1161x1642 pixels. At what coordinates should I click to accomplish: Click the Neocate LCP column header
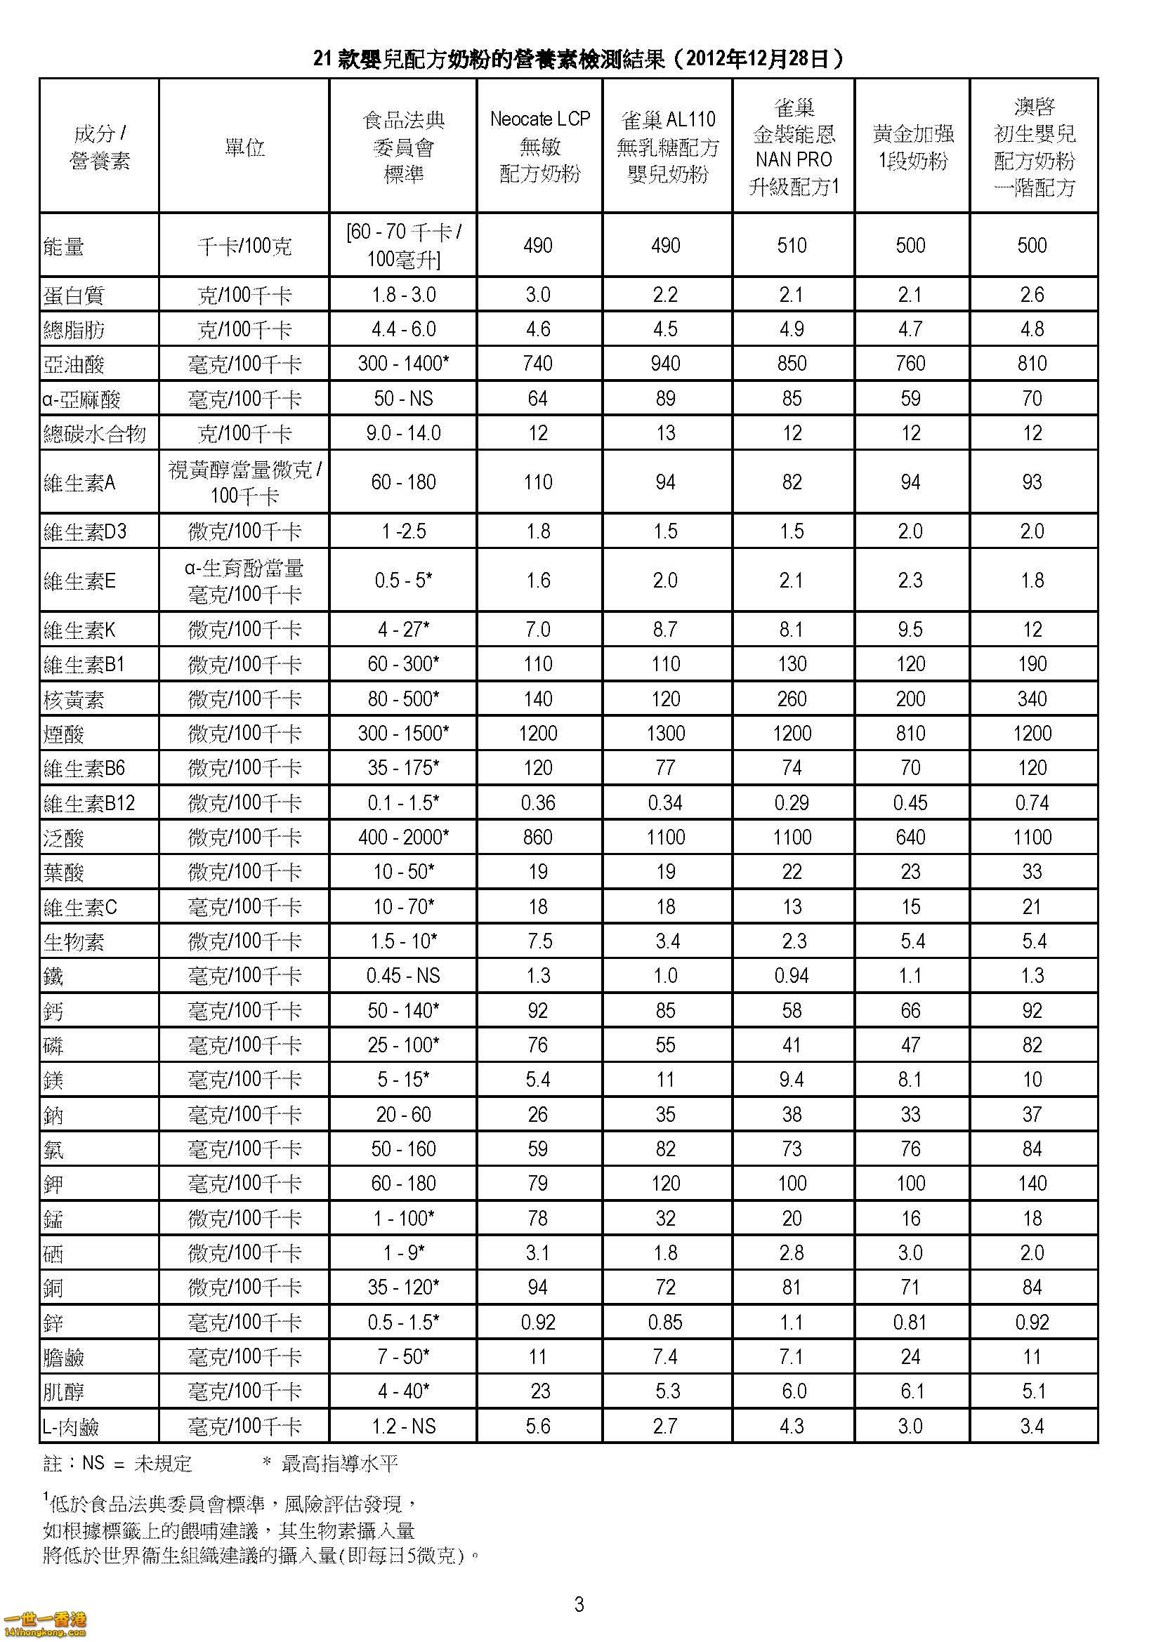click(539, 146)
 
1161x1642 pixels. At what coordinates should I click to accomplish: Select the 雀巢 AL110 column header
click(667, 146)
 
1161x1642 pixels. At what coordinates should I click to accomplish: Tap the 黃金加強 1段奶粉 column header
click(912, 146)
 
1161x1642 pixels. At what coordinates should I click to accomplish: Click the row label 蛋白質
click(74, 296)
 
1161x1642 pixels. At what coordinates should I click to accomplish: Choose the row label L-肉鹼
click(70, 1427)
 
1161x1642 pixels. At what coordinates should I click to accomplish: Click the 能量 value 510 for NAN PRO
click(792, 245)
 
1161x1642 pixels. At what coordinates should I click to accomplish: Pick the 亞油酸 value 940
click(665, 364)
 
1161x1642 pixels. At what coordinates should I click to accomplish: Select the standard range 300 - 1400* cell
click(403, 364)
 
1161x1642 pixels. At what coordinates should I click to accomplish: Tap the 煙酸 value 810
click(911, 734)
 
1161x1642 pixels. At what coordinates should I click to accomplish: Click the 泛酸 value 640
click(911, 837)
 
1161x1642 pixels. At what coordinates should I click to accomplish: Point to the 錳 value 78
click(537, 1219)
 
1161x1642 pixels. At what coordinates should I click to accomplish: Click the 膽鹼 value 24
click(911, 1357)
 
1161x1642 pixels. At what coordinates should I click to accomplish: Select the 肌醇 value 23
click(540, 1391)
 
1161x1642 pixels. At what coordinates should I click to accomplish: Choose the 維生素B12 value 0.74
click(1032, 803)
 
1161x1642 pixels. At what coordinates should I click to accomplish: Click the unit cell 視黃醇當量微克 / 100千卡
click(244, 482)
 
